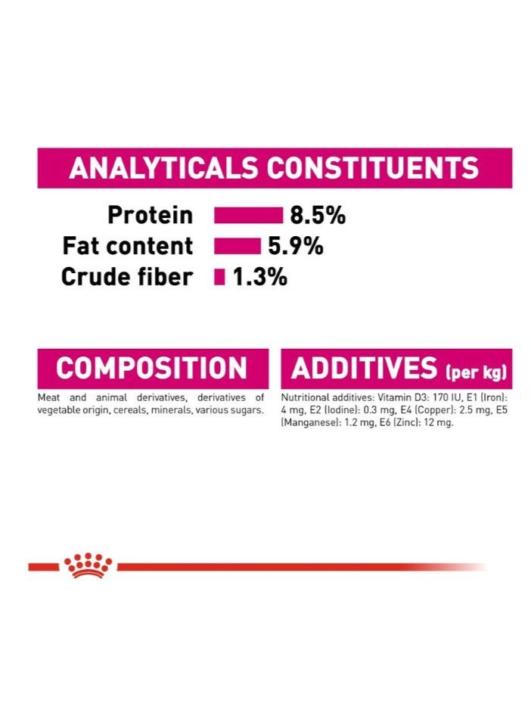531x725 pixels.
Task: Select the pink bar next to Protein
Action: click(x=248, y=216)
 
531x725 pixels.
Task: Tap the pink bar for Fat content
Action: click(x=237, y=247)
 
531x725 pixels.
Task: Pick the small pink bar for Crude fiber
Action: click(x=219, y=278)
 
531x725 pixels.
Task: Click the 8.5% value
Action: click(x=318, y=216)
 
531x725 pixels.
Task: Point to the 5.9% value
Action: click(x=295, y=247)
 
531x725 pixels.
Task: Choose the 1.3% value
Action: click(x=259, y=278)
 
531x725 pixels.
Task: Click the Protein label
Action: click(x=150, y=216)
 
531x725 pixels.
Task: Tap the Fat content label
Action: click(x=128, y=247)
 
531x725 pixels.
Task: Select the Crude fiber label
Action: click(x=126, y=278)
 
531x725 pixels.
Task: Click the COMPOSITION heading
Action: click(x=151, y=369)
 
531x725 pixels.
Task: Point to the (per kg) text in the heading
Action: click(x=476, y=372)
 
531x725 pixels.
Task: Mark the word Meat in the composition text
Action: click(x=48, y=398)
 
